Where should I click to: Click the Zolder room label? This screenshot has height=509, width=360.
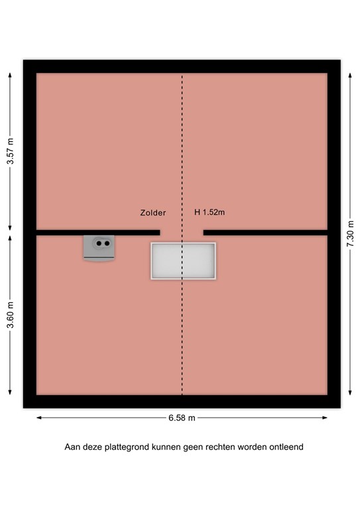coord(152,213)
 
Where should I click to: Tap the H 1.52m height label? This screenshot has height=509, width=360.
coord(210,213)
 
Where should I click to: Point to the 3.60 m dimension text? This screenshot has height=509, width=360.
coord(10,314)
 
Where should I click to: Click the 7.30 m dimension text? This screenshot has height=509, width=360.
coord(350,234)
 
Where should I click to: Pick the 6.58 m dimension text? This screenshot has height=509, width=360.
coord(182,418)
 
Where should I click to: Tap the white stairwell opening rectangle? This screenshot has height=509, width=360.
coord(183,261)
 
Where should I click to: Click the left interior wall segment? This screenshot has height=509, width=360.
coord(98,233)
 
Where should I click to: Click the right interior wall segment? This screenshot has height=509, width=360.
coord(265,233)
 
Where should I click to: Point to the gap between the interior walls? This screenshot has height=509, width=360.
coord(182,233)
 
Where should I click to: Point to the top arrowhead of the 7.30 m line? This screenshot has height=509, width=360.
coord(350,75)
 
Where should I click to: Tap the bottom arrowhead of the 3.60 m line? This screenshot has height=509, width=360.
coord(10,392)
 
